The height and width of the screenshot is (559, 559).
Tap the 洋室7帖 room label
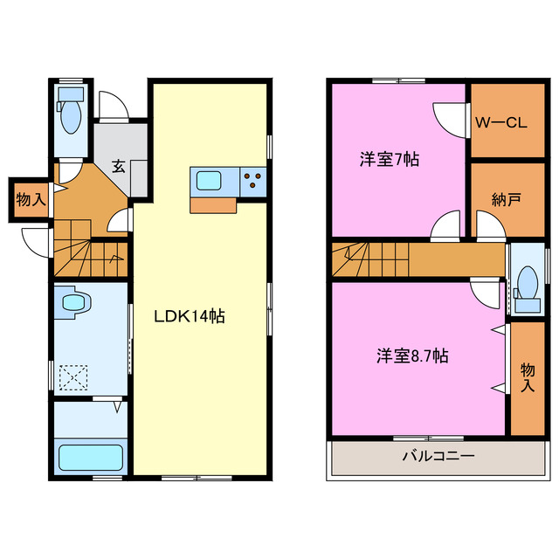390,160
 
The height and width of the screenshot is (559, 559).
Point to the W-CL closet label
500,123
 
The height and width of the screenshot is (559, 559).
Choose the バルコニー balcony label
438,456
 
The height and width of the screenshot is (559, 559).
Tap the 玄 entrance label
119,166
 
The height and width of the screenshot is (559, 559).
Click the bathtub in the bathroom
90,458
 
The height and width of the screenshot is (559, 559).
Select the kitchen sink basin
210,181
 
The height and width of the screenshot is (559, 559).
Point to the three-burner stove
254,181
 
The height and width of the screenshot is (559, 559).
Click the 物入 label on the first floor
31,200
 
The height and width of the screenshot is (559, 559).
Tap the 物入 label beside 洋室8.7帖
528,376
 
